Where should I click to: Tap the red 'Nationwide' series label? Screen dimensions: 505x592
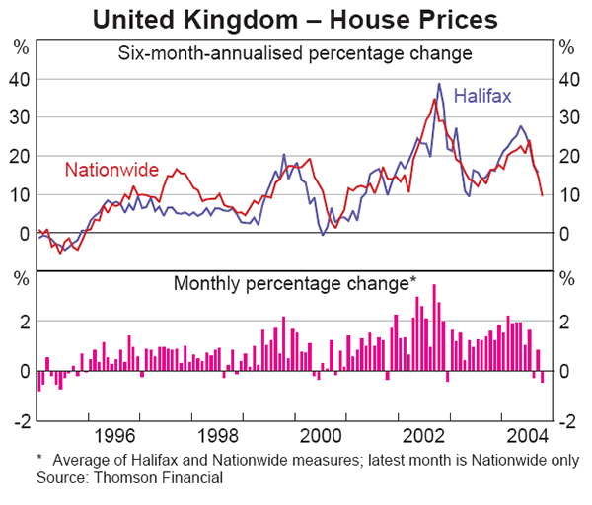(113, 169)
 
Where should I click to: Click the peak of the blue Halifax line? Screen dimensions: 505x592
(440, 84)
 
